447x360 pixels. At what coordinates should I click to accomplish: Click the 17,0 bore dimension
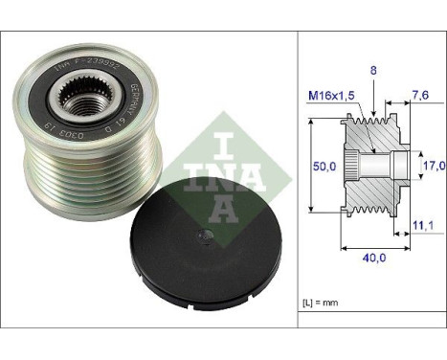pos(434,165)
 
